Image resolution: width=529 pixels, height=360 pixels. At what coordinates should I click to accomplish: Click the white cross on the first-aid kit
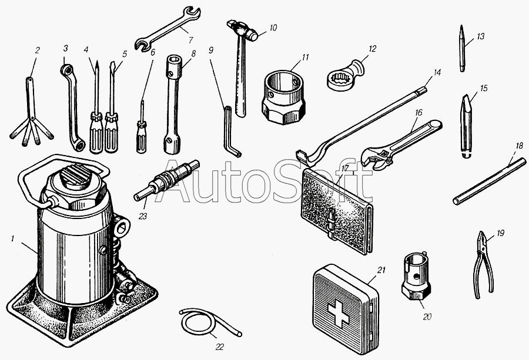click(x=339, y=314)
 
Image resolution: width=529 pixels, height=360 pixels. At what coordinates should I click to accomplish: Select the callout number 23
click(x=143, y=216)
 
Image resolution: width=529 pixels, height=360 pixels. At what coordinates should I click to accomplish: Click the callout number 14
click(x=437, y=72)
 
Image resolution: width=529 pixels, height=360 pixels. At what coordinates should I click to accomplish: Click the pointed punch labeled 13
click(x=462, y=48)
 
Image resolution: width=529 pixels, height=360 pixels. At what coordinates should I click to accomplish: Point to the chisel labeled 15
click(x=466, y=127)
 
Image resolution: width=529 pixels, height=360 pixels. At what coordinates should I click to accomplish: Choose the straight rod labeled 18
click(x=489, y=181)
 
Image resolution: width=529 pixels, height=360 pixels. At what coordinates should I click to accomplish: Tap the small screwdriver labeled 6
click(x=142, y=129)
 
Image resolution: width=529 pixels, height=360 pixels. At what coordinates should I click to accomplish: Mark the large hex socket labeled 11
click(x=284, y=97)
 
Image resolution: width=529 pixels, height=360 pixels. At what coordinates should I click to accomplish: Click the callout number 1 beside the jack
click(x=12, y=238)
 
